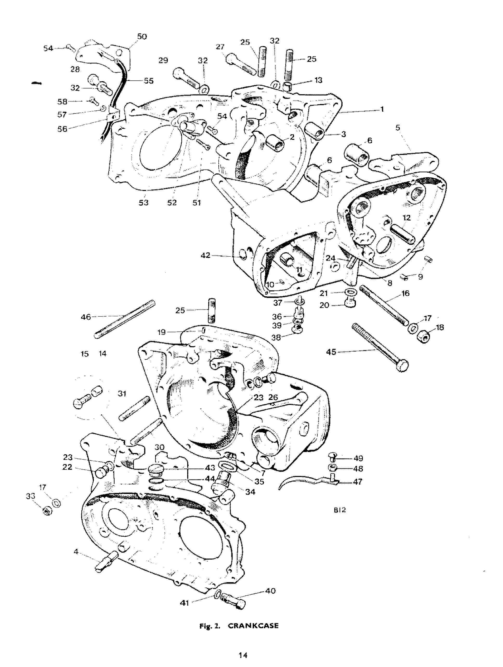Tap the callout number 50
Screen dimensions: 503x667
[x=142, y=36]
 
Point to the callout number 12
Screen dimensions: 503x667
[x=407, y=218]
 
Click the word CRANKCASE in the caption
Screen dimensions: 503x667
[x=253, y=626]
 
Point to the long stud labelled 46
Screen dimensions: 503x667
[x=124, y=319]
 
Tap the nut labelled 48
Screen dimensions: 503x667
[x=332, y=468]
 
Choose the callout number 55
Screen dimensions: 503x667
[x=148, y=81]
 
